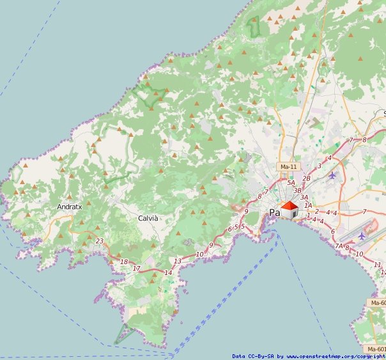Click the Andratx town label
click(x=70, y=207)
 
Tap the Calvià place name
click(x=148, y=218)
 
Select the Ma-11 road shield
click(x=289, y=166)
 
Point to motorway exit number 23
click(x=99, y=241)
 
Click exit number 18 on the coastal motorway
click(x=124, y=262)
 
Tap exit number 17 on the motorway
click(x=136, y=269)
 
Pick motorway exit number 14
click(x=168, y=273)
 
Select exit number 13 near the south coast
click(x=178, y=261)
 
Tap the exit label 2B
click(x=306, y=178)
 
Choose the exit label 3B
click(x=297, y=191)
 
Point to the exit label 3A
click(x=304, y=198)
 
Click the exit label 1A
click(x=309, y=205)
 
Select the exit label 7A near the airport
click(x=339, y=246)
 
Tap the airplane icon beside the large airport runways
click(x=362, y=235)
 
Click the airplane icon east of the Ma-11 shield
click(x=332, y=175)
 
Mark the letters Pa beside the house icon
click(x=275, y=212)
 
